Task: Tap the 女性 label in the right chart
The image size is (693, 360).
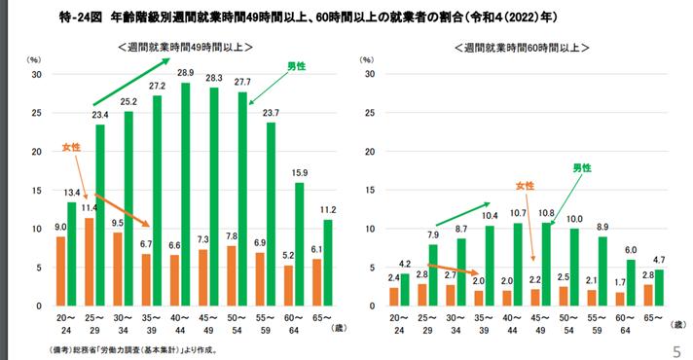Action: point(525,185)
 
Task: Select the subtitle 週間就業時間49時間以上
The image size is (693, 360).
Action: point(185,48)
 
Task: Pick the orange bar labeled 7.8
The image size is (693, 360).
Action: point(229,276)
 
